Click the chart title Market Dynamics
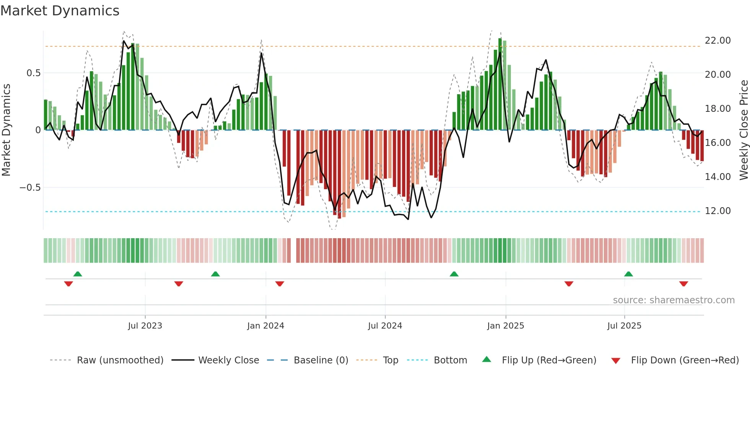[60, 11]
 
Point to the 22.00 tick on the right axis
[717, 41]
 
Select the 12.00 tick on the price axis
[717, 211]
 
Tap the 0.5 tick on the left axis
[33, 73]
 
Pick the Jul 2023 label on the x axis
[145, 326]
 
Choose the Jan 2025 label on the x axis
[505, 326]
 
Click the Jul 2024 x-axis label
[385, 326]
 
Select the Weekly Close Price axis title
[743, 130]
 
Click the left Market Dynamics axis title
[6, 130]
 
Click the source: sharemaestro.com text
[673, 300]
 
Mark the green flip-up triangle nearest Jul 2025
[628, 274]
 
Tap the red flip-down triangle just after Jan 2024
[280, 284]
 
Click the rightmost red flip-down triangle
[684, 284]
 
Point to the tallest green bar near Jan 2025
[500, 84]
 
